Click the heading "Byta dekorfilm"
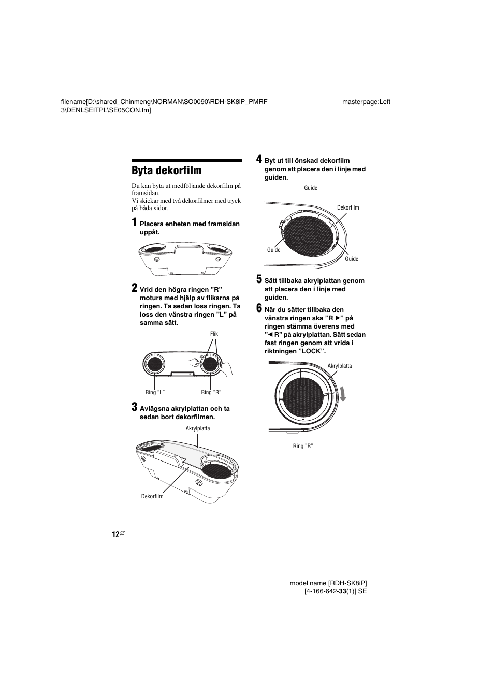point(166,171)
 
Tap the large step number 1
point(134,223)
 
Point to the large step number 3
point(134,407)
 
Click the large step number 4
point(259,159)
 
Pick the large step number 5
point(259,280)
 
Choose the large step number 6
point(259,309)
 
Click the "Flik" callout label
point(214,334)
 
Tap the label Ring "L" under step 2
point(155,393)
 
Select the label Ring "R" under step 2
point(211,393)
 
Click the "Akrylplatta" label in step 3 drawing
point(197,428)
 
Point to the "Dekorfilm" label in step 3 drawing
point(152,497)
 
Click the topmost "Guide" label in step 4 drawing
point(311,188)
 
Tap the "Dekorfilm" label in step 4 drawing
point(348,207)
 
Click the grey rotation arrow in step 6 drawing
point(342,394)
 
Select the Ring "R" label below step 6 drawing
point(303,446)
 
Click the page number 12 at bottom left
point(115,534)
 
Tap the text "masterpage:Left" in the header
point(366,102)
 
